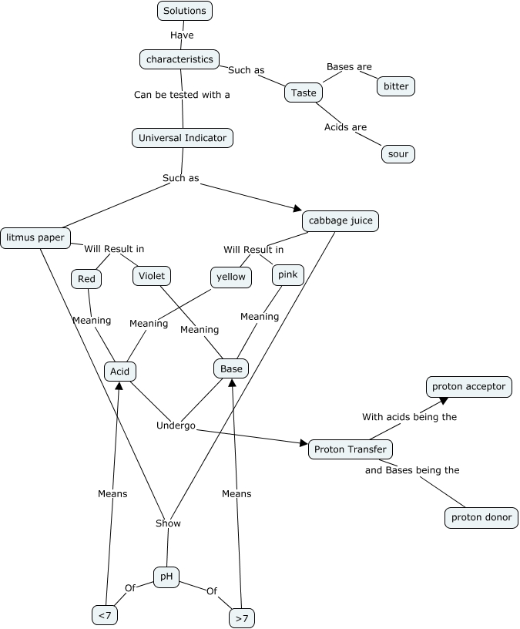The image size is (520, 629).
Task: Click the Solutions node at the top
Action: pos(185,11)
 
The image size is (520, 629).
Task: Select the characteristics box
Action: pos(179,59)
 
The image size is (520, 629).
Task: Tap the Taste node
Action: pos(304,92)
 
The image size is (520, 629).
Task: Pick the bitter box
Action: pos(396,86)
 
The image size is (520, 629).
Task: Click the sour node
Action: pos(398,154)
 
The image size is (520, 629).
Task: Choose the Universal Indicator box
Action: pos(183,138)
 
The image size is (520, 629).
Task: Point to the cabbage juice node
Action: pos(341,221)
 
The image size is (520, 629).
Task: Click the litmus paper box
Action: pos(35,237)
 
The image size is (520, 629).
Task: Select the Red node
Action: pos(86,278)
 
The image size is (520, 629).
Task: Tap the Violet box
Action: pos(151,275)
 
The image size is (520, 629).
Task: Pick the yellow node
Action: pos(231,277)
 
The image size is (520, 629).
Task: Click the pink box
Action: pos(288,274)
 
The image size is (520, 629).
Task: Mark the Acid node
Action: pos(119,372)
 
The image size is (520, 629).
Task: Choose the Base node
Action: pos(231,368)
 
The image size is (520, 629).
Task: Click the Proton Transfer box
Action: pos(351,449)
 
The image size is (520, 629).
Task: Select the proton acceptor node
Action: pos(468,386)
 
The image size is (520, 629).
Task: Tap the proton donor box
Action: pos(481,517)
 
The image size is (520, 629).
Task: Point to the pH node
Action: pos(166,577)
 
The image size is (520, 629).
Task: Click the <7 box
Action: pos(104,614)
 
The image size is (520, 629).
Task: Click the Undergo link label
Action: pos(176,425)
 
